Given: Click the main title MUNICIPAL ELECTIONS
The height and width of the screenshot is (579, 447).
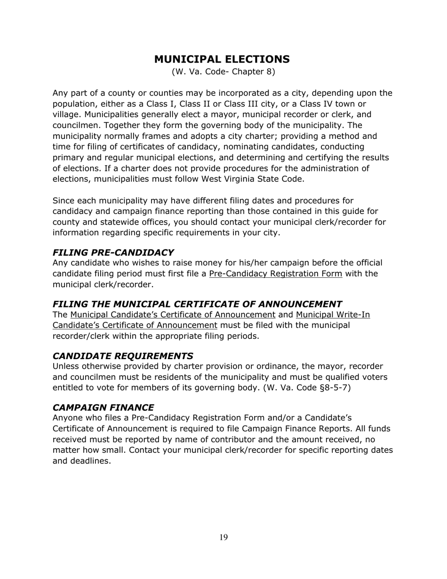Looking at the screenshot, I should [x=222, y=59].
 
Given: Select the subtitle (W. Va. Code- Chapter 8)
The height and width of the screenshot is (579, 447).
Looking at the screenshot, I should [x=223, y=72].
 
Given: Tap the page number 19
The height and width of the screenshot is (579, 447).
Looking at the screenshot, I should [x=223, y=538].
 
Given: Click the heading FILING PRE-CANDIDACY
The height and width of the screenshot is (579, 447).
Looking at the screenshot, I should [x=113, y=252].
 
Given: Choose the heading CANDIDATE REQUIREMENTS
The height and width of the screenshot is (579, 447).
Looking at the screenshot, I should [x=123, y=355].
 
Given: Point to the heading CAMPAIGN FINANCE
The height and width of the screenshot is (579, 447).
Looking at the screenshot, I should [x=103, y=407].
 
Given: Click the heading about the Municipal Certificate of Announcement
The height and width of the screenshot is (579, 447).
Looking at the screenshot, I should [x=197, y=304].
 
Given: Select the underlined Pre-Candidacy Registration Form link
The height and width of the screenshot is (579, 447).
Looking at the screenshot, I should [x=275, y=274].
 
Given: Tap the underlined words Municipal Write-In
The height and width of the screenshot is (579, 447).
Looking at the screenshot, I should [x=333, y=314].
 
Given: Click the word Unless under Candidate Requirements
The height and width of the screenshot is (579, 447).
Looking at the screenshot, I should [x=66, y=366].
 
